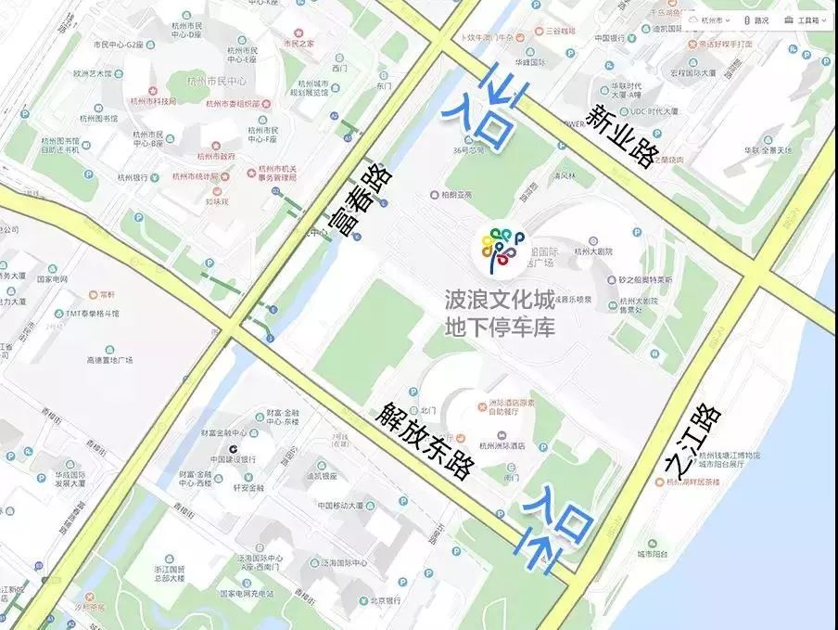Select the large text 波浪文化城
[x=500, y=300]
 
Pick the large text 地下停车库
[x=500, y=327]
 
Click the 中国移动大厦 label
[x=343, y=507]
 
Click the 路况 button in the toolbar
[x=755, y=19]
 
